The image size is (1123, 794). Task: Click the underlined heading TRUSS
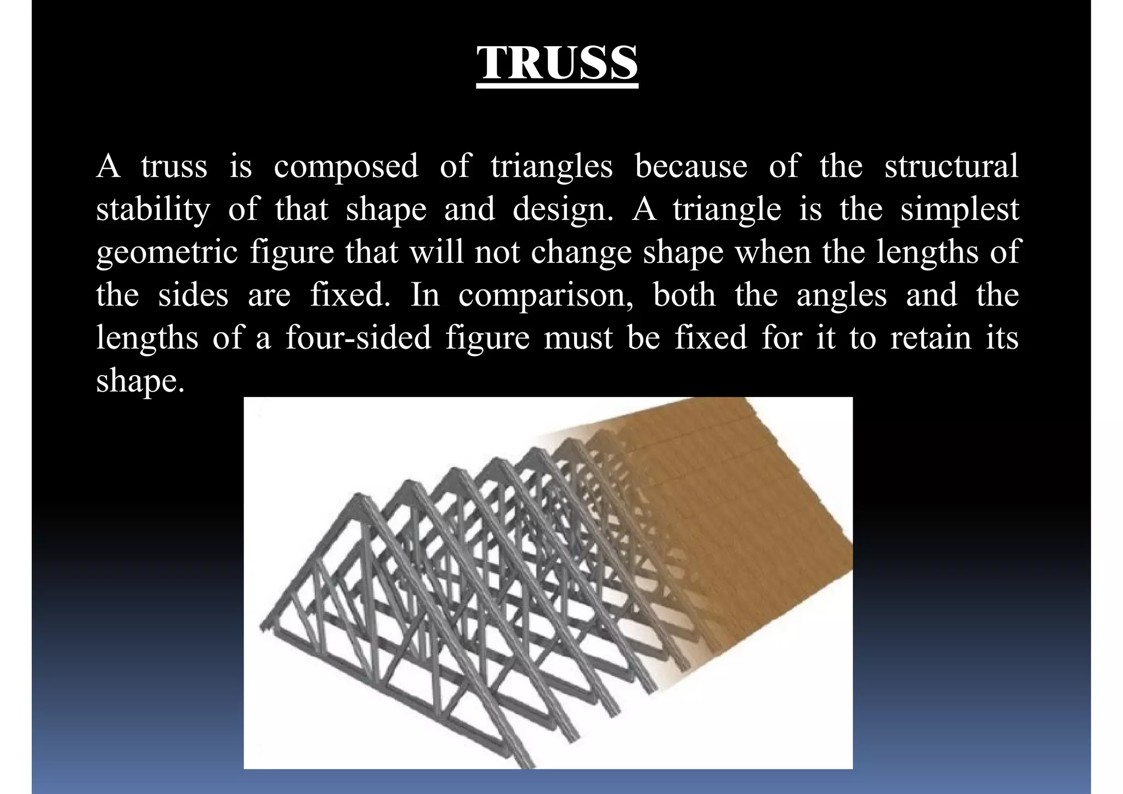[x=557, y=64]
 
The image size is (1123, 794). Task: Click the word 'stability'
[x=153, y=209]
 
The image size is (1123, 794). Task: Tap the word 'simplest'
[x=959, y=209]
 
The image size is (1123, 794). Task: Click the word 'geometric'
[x=167, y=252]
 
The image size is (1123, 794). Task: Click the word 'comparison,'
[x=546, y=295]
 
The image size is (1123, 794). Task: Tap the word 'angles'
[x=841, y=295]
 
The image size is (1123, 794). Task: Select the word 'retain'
[x=931, y=338]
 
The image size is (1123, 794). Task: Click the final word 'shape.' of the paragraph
[x=140, y=381]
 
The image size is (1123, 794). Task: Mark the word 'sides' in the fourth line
[x=193, y=295]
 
